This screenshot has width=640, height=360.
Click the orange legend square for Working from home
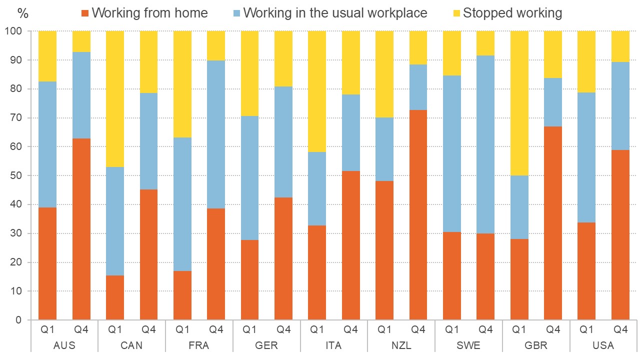pyautogui.click(x=85, y=13)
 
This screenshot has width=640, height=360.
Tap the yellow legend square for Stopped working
pyautogui.click(x=456, y=13)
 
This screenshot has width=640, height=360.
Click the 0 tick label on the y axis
pyautogui.click(x=20, y=320)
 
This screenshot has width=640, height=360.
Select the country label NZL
pyautogui.click(x=401, y=345)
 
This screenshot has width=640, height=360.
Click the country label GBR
pyautogui.click(x=536, y=345)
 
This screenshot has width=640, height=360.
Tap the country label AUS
pyautogui.click(x=64, y=345)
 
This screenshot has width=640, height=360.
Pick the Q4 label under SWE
pyautogui.click(x=485, y=330)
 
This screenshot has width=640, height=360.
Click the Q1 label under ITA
pyautogui.click(x=317, y=330)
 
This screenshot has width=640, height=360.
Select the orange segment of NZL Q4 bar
pyautogui.click(x=418, y=215)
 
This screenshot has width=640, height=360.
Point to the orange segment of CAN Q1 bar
pyautogui.click(x=115, y=297)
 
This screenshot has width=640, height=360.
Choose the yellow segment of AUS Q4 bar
pyautogui.click(x=81, y=41)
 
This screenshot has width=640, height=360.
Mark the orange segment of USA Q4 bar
pyautogui.click(x=620, y=235)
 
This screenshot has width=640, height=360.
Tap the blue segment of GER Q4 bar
pyautogui.click(x=283, y=142)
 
